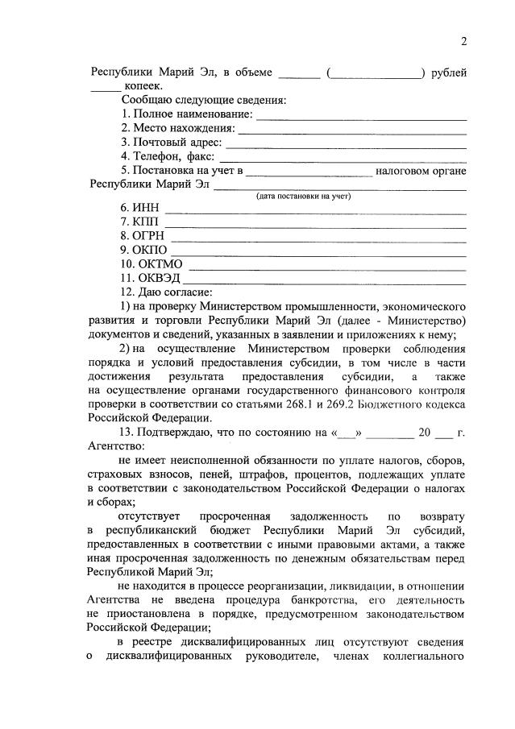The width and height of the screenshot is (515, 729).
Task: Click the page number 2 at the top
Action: [x=463, y=42]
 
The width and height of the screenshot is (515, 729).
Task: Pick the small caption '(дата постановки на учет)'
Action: [x=304, y=196]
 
